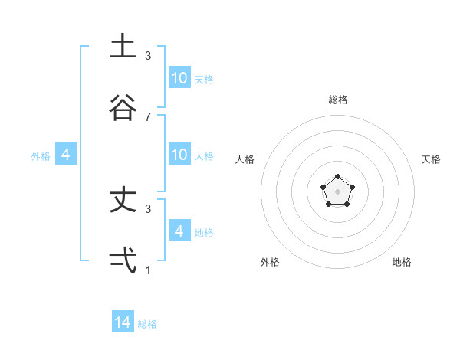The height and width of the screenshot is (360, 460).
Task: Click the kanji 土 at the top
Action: [123, 47]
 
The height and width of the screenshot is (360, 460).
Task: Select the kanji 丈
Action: [123, 201]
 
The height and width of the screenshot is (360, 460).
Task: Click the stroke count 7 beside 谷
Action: [148, 116]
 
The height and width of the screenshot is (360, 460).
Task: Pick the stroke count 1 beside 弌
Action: [148, 270]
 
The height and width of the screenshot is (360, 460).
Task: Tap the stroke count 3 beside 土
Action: [148, 56]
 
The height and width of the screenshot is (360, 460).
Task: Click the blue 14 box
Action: [123, 322]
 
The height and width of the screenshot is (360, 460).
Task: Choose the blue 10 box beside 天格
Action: [179, 78]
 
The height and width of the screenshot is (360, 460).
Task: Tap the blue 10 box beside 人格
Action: [179, 155]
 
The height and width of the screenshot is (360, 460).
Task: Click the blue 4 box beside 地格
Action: [179, 231]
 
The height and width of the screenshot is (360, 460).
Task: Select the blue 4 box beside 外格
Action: [66, 155]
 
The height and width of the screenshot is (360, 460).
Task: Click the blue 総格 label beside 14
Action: [147, 324]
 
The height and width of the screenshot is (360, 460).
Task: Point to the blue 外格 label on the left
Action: [41, 156]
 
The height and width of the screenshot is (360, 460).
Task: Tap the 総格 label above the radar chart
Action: [337, 100]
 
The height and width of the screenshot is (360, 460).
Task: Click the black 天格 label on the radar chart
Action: [431, 159]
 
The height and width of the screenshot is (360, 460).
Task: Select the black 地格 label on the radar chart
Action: [402, 262]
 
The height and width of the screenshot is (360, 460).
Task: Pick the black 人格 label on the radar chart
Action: [245, 159]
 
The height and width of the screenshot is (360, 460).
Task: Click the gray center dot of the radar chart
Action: [337, 191]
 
